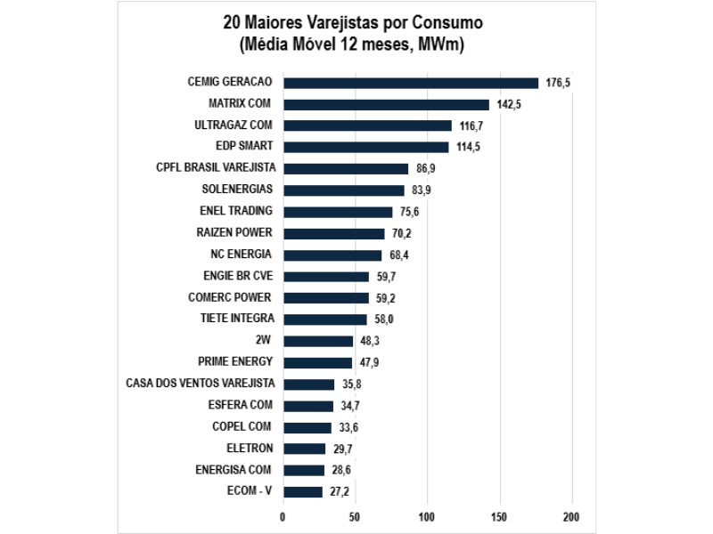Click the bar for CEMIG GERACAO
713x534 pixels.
tap(410, 83)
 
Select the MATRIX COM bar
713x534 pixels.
tap(386, 104)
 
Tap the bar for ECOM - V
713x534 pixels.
tap(302, 491)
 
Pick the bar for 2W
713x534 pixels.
tap(317, 341)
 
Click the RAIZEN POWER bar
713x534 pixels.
tap(333, 233)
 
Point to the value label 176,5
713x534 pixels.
tap(558, 83)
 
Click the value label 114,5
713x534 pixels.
tap(468, 148)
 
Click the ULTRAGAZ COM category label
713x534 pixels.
tap(234, 125)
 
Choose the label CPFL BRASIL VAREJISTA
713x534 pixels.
tap(215, 168)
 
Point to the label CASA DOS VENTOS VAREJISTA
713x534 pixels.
tap(201, 384)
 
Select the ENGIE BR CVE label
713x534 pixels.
tap(238, 276)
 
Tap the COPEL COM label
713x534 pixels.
tap(242, 426)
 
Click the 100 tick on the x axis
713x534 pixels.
tap(427, 517)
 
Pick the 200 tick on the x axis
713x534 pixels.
tap(571, 517)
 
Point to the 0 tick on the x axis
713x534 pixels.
tap(283, 517)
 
